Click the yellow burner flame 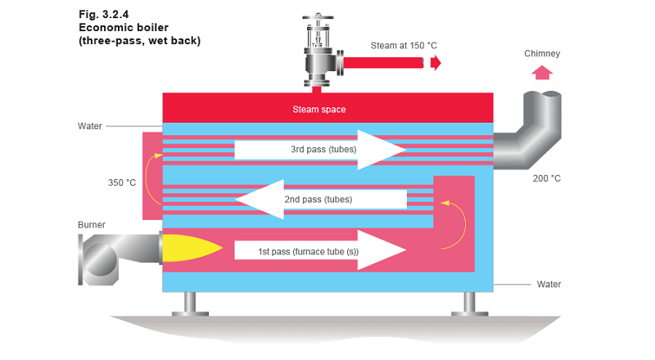187,249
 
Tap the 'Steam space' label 319,109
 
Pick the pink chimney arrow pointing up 540,72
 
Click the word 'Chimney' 542,54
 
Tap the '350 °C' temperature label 122,182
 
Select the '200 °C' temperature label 546,178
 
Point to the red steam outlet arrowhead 436,62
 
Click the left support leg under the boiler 187,303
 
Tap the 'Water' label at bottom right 549,285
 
